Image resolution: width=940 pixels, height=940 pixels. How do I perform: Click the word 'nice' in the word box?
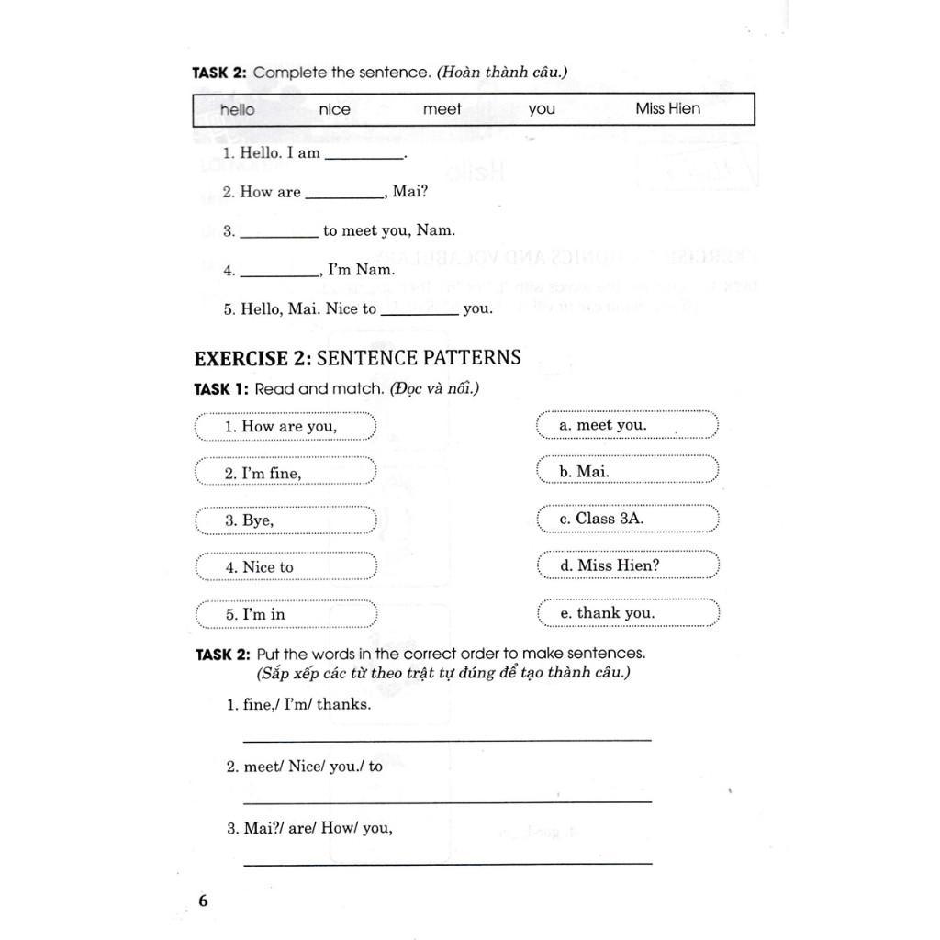(334, 109)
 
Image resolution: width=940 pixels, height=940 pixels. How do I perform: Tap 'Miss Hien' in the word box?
(667, 108)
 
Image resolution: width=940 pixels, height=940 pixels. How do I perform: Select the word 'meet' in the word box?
(442, 109)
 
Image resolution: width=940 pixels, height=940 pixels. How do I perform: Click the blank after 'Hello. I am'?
(364, 158)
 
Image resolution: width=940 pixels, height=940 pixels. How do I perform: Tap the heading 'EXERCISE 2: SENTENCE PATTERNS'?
(357, 357)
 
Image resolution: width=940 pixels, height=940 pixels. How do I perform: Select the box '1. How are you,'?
(285, 427)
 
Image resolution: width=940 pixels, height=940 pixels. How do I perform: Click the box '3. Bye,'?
(285, 520)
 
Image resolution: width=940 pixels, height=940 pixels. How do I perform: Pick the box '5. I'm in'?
(285, 614)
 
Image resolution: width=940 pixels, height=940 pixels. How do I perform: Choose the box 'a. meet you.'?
(627, 425)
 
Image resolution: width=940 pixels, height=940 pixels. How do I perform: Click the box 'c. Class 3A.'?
(627, 519)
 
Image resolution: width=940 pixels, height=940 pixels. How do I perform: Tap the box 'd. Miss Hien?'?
(627, 565)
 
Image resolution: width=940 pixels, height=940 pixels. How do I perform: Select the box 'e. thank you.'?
(627, 613)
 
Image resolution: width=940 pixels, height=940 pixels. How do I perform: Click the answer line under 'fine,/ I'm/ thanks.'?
(447, 738)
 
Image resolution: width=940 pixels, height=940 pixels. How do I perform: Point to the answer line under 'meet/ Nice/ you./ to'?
(447, 800)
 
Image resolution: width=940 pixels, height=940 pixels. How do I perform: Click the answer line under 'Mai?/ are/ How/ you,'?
(447, 862)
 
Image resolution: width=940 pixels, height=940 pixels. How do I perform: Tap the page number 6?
(203, 901)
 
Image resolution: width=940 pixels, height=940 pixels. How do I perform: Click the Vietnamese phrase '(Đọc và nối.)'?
(434, 388)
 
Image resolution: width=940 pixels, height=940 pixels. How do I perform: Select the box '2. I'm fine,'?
(285, 474)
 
